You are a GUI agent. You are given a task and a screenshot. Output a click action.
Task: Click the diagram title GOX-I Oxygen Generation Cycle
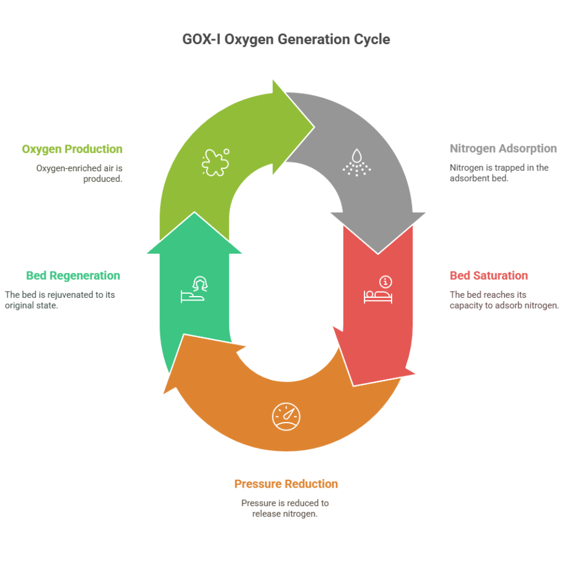[286, 40]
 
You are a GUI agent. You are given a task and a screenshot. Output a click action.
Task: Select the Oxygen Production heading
[72, 149]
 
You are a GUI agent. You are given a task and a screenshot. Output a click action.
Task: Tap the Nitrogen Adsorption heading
[503, 149]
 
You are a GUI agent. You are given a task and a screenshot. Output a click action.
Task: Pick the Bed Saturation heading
[489, 276]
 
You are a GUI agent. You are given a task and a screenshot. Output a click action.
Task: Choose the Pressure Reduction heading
[286, 484]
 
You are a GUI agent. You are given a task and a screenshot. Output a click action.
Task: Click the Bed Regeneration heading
[73, 276]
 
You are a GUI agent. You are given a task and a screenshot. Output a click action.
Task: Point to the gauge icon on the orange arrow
[286, 417]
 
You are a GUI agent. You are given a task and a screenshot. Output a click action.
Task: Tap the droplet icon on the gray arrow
[357, 162]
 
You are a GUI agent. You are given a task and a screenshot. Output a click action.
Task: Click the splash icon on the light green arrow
[215, 162]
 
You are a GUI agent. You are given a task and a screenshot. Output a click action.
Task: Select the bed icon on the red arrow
[377, 295]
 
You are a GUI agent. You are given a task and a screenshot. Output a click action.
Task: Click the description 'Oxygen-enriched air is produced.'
[79, 173]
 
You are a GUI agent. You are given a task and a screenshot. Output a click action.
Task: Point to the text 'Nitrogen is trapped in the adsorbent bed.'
[499, 173]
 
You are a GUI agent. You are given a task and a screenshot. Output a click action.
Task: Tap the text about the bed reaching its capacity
[504, 300]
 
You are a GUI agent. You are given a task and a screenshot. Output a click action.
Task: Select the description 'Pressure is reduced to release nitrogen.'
[285, 508]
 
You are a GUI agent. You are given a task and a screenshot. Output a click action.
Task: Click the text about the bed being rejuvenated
[60, 300]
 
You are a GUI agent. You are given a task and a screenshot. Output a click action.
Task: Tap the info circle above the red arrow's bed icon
[386, 281]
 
